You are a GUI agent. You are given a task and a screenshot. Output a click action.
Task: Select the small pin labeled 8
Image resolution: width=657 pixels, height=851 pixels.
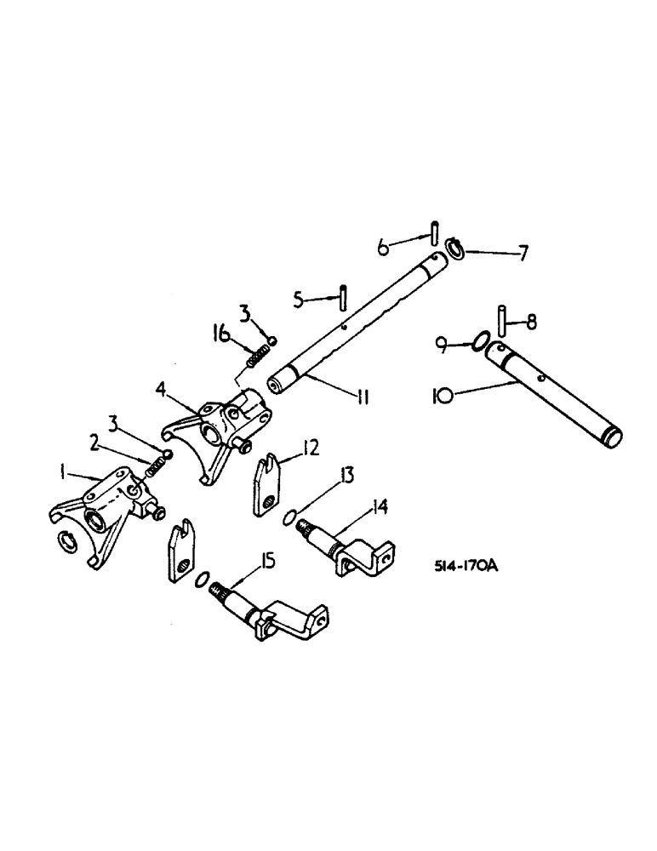pos(503,321)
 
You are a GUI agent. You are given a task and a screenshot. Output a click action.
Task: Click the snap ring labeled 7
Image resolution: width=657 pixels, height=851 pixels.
pos(454,250)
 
